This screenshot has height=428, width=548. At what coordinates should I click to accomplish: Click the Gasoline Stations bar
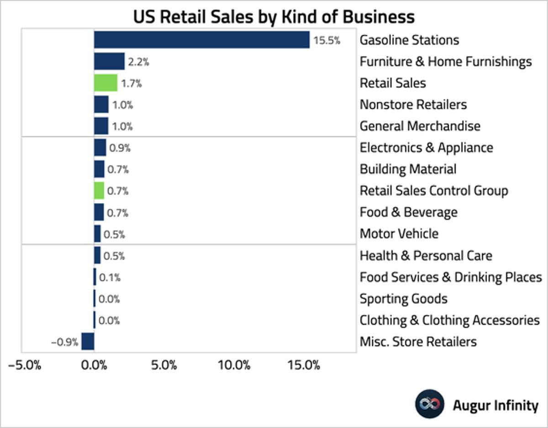click(201, 40)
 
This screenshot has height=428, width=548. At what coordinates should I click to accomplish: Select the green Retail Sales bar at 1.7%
click(105, 83)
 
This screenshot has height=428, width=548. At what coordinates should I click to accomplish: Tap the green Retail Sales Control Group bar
click(99, 191)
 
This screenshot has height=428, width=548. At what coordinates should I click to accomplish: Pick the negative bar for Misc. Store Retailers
click(88, 342)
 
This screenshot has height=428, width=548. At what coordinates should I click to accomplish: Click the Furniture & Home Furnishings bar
click(109, 61)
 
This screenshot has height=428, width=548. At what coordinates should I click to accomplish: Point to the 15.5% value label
click(327, 40)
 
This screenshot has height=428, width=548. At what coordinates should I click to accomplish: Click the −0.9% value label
click(64, 342)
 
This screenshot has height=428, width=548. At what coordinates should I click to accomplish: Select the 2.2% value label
click(138, 62)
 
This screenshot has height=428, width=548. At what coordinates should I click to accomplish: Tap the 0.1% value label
click(110, 278)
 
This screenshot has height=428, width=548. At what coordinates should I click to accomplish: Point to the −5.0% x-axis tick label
click(25, 365)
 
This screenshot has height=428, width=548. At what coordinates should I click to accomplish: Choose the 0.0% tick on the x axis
click(94, 365)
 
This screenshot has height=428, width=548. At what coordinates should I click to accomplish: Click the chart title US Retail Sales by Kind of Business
click(274, 16)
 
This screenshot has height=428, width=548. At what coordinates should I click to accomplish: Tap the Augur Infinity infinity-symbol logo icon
click(429, 404)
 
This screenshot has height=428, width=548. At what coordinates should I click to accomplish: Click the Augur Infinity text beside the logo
click(495, 405)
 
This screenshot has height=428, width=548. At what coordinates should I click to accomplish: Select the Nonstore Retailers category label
click(413, 105)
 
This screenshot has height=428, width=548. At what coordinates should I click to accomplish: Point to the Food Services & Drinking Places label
click(450, 277)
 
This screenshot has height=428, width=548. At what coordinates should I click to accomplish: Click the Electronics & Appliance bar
click(100, 148)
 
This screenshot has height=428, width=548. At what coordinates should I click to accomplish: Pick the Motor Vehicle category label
click(399, 234)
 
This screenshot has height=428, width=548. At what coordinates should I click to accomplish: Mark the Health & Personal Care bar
click(97, 255)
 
